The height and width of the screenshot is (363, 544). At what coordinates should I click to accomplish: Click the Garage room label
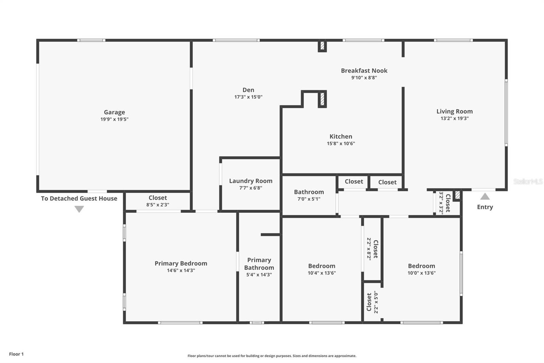[114, 112]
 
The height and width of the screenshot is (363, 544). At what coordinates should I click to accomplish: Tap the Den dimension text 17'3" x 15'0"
[248, 97]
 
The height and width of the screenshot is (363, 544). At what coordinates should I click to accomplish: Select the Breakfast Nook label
[364, 70]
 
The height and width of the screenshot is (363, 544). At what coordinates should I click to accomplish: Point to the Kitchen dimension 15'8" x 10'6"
[341, 143]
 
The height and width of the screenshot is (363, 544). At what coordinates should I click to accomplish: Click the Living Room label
[454, 111]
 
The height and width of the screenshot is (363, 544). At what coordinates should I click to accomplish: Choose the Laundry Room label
[251, 181]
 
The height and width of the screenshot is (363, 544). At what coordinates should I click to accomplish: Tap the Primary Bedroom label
[181, 263]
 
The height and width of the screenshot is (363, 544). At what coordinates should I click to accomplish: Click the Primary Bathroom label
[259, 264]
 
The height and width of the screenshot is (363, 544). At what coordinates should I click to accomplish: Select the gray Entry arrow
[485, 196]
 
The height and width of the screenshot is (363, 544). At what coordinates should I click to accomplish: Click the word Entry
[485, 207]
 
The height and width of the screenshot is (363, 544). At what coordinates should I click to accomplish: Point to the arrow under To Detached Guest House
[79, 209]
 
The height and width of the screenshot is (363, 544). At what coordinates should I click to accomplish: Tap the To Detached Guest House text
[79, 199]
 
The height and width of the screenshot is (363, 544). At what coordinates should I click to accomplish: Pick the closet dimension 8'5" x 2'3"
[158, 205]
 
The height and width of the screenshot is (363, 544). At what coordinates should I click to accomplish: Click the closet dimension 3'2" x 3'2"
[441, 203]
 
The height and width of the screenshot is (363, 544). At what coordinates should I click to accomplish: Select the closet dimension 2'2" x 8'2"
[369, 249]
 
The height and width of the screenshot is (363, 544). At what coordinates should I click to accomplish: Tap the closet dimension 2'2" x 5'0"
[376, 302]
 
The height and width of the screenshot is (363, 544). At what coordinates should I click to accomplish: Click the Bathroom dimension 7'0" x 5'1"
[309, 199]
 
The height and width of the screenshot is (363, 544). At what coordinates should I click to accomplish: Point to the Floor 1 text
[16, 354]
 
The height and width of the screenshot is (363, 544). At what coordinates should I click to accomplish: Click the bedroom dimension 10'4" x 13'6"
[322, 273]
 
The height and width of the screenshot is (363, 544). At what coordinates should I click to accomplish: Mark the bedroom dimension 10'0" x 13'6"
[421, 273]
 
